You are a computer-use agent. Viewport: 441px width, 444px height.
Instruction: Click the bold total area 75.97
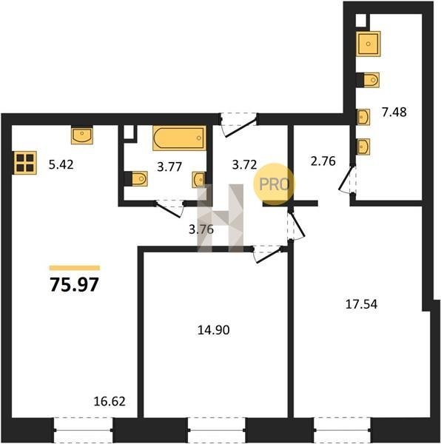click(75, 284)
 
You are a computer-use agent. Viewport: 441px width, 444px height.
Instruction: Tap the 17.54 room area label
click(362, 304)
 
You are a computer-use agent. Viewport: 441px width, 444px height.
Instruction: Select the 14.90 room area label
click(213, 330)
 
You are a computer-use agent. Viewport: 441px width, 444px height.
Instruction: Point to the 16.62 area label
click(110, 401)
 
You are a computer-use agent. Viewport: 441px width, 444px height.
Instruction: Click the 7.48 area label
click(394, 112)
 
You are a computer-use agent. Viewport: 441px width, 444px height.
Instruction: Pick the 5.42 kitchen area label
click(61, 165)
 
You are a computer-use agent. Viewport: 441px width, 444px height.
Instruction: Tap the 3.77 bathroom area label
click(169, 166)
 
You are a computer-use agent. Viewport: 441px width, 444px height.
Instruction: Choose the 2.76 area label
click(323, 161)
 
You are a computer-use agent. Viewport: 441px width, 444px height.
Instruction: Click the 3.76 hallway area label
click(201, 229)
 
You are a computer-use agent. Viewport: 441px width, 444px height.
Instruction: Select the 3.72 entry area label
click(245, 165)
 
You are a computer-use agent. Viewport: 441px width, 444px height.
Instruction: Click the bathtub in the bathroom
click(179, 138)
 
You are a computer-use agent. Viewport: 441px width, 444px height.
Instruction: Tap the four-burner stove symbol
click(26, 163)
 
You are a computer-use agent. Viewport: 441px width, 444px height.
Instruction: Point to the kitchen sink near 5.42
click(82, 135)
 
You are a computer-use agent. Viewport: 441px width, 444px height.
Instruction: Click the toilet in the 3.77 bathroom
click(136, 179)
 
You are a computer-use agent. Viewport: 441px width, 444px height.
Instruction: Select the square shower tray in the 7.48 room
click(368, 44)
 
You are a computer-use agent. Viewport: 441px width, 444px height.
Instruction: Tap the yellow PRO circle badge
click(274, 184)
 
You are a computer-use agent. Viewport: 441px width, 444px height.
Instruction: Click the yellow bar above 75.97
click(75, 268)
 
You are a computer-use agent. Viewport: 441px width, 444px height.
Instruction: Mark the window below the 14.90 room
click(217, 430)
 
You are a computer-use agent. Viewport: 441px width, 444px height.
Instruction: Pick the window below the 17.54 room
click(343, 430)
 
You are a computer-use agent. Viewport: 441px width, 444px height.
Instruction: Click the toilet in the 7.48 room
click(368, 80)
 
